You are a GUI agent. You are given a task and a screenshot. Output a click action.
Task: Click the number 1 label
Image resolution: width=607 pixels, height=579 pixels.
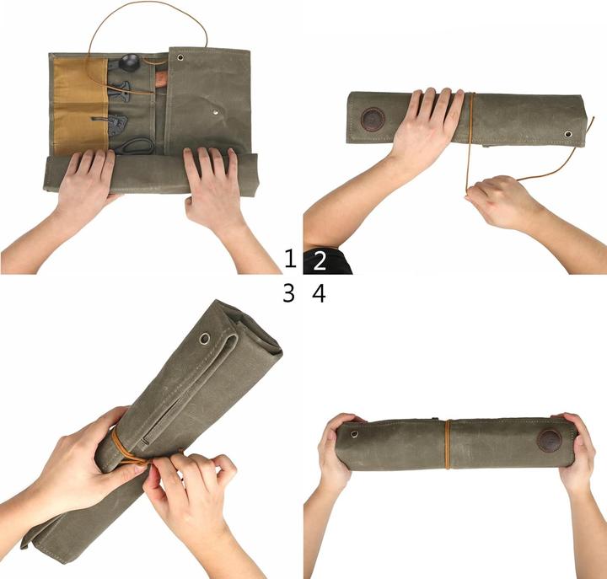pos(290,259)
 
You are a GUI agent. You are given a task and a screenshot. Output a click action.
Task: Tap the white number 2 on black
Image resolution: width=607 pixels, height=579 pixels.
pos(319,260)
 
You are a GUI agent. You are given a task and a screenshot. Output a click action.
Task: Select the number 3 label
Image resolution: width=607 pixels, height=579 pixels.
pos(289,293)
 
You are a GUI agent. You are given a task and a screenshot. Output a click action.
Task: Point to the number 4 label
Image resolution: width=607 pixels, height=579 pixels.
pos(319,293)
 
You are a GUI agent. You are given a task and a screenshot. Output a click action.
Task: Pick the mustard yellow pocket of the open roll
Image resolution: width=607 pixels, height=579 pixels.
pos(80,101)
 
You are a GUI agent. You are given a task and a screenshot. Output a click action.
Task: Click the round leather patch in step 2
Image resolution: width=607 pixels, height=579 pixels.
pos(373,119)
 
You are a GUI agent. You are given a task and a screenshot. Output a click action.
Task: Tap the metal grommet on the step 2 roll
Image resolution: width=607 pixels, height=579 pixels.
pos(568,134)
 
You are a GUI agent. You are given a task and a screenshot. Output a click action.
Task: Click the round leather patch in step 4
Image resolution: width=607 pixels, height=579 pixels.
pos(549,440)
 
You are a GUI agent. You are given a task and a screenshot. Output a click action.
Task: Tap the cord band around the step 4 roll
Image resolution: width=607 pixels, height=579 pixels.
pos(449,444)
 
